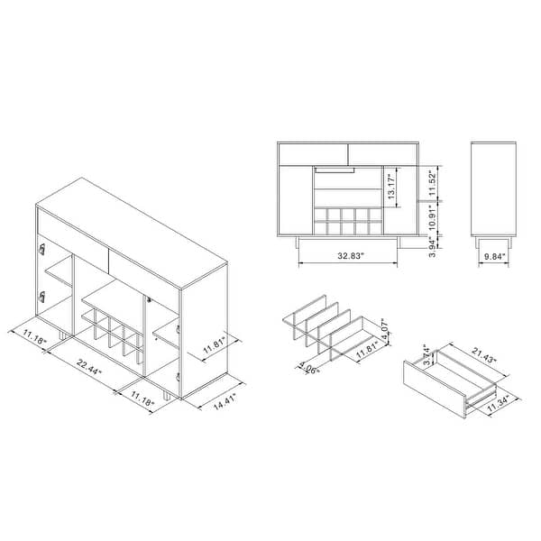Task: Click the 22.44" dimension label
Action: [x=89, y=367]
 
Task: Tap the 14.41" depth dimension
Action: [x=225, y=402]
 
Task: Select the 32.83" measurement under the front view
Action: [x=351, y=256]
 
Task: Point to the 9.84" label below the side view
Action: [x=494, y=256]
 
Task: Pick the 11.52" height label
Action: [x=433, y=183]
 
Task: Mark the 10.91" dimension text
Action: [x=433, y=218]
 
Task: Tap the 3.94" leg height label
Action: [x=433, y=246]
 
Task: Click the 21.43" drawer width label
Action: [x=484, y=355]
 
